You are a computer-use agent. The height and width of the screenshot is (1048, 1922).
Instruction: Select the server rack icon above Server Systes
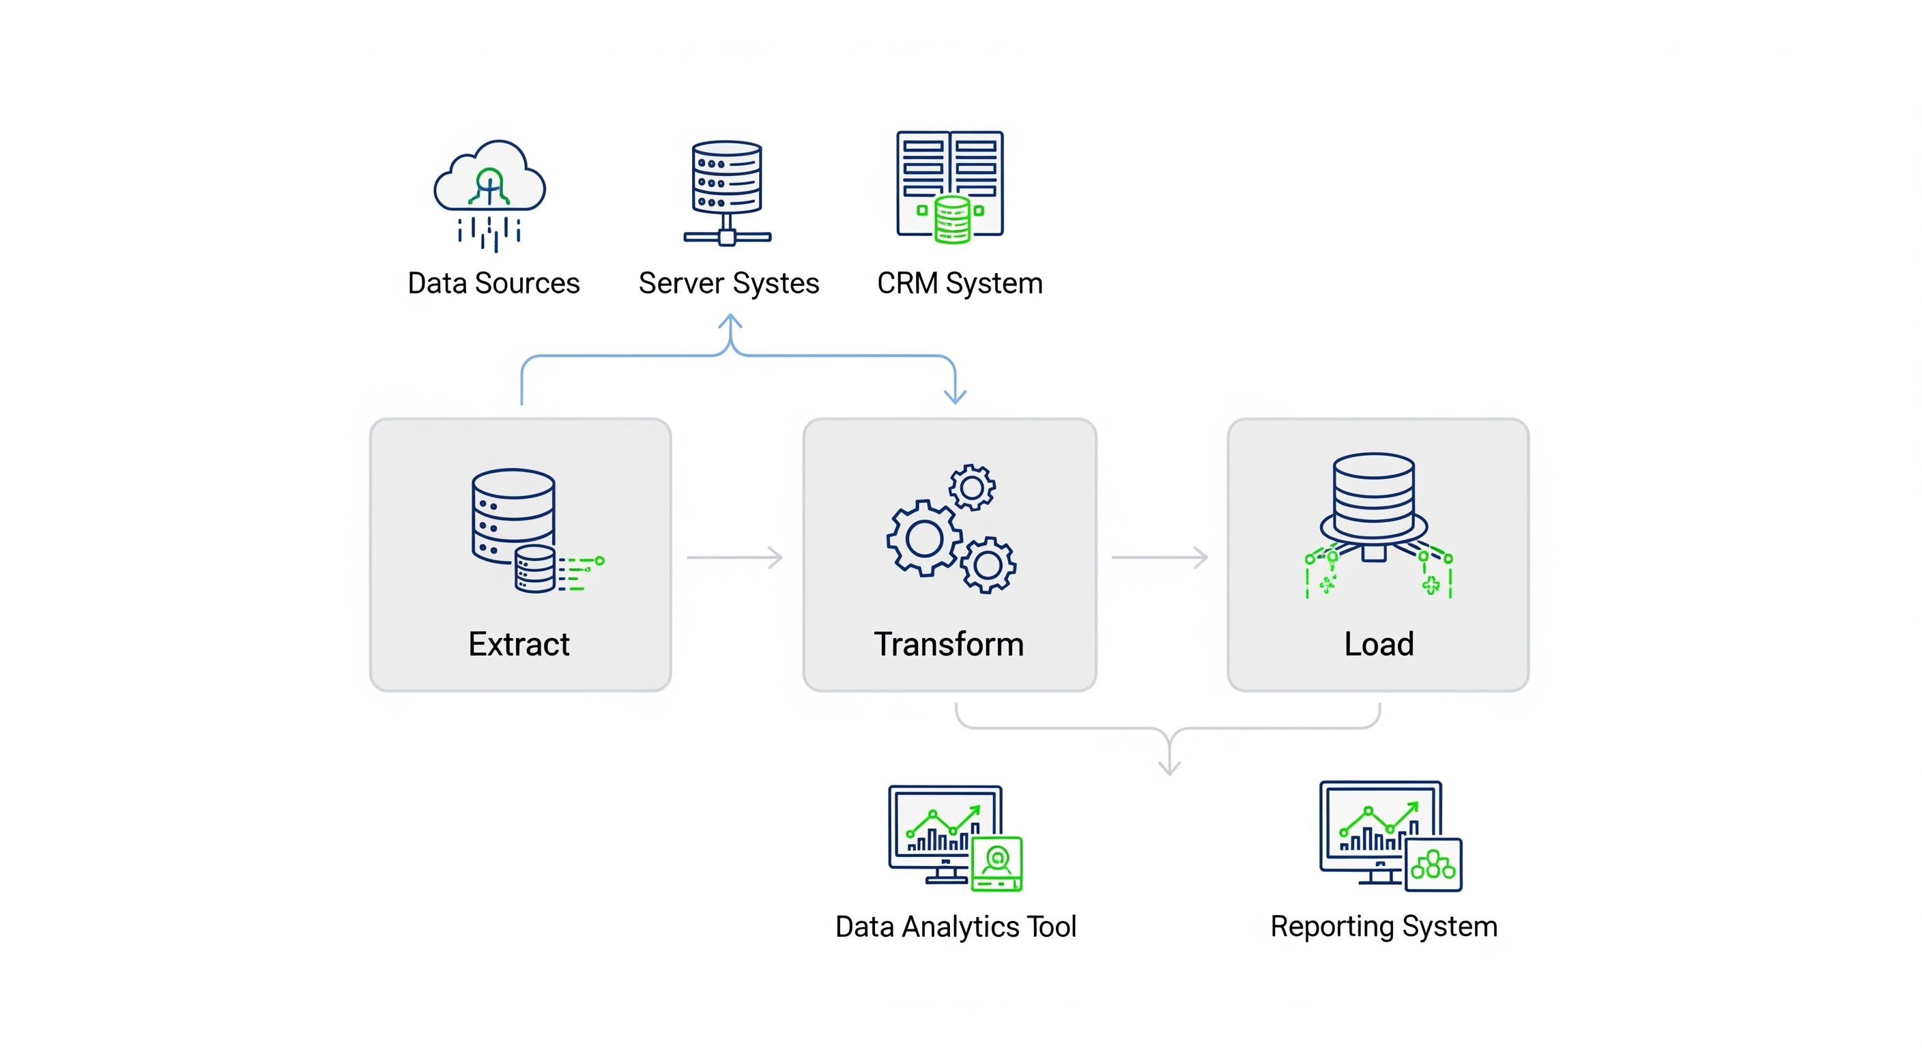(727, 190)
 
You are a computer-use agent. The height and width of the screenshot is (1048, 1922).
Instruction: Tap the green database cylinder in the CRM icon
(952, 218)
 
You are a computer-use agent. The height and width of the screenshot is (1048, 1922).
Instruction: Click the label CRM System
(960, 283)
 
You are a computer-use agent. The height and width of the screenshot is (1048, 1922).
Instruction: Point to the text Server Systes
(728, 283)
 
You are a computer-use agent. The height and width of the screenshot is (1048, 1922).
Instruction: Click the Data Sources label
(493, 283)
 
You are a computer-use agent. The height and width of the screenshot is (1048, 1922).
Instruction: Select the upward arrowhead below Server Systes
(730, 322)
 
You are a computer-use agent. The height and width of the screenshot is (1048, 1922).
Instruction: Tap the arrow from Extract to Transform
(735, 557)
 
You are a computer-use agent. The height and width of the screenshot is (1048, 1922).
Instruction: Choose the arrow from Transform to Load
(1160, 557)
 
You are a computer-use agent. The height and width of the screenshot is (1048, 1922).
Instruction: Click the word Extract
(519, 643)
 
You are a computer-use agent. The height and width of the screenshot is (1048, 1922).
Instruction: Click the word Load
(1378, 643)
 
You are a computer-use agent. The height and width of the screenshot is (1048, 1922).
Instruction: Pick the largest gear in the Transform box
(923, 538)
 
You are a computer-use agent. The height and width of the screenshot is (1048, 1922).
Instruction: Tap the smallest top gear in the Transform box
(971, 488)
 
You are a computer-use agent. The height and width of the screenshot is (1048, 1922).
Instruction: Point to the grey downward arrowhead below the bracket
(1169, 768)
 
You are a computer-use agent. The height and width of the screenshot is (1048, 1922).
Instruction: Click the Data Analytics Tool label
(955, 927)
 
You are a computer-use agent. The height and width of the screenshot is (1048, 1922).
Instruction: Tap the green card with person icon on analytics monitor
(996, 864)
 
